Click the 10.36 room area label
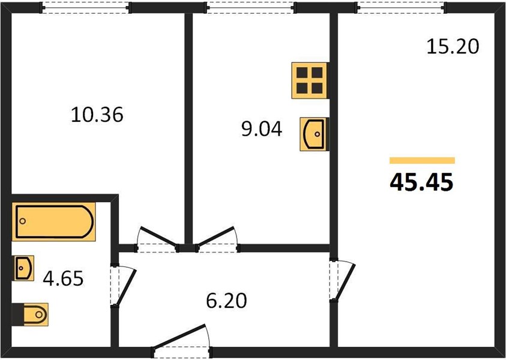tap(97, 115)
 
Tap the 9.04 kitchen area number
tap(262, 129)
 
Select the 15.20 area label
tap(453, 47)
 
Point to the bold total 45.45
tap(421, 182)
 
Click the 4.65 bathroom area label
tap(63, 278)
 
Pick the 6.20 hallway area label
tap(226, 301)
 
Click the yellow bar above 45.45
tap(422, 160)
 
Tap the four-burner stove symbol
tap(310, 80)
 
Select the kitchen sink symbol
tap(314, 134)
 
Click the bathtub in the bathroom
tap(54, 221)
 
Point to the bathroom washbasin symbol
tap(23, 268)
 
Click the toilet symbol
tap(30, 314)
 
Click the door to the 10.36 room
tap(157, 239)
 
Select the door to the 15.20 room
tap(342, 280)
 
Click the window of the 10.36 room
tap(85, 7)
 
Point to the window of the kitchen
tap(251, 7)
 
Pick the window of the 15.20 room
tap(400, 7)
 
